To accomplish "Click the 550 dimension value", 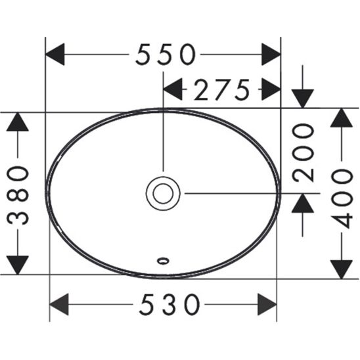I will click(166, 55).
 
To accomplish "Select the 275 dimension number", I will click(221, 89).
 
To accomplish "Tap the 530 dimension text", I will click(169, 304).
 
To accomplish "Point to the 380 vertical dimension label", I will click(19, 194).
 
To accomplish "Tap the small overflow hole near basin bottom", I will click(162, 260).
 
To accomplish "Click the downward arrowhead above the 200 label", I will click(304, 97).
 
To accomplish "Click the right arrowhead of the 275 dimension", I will click(269, 89).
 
